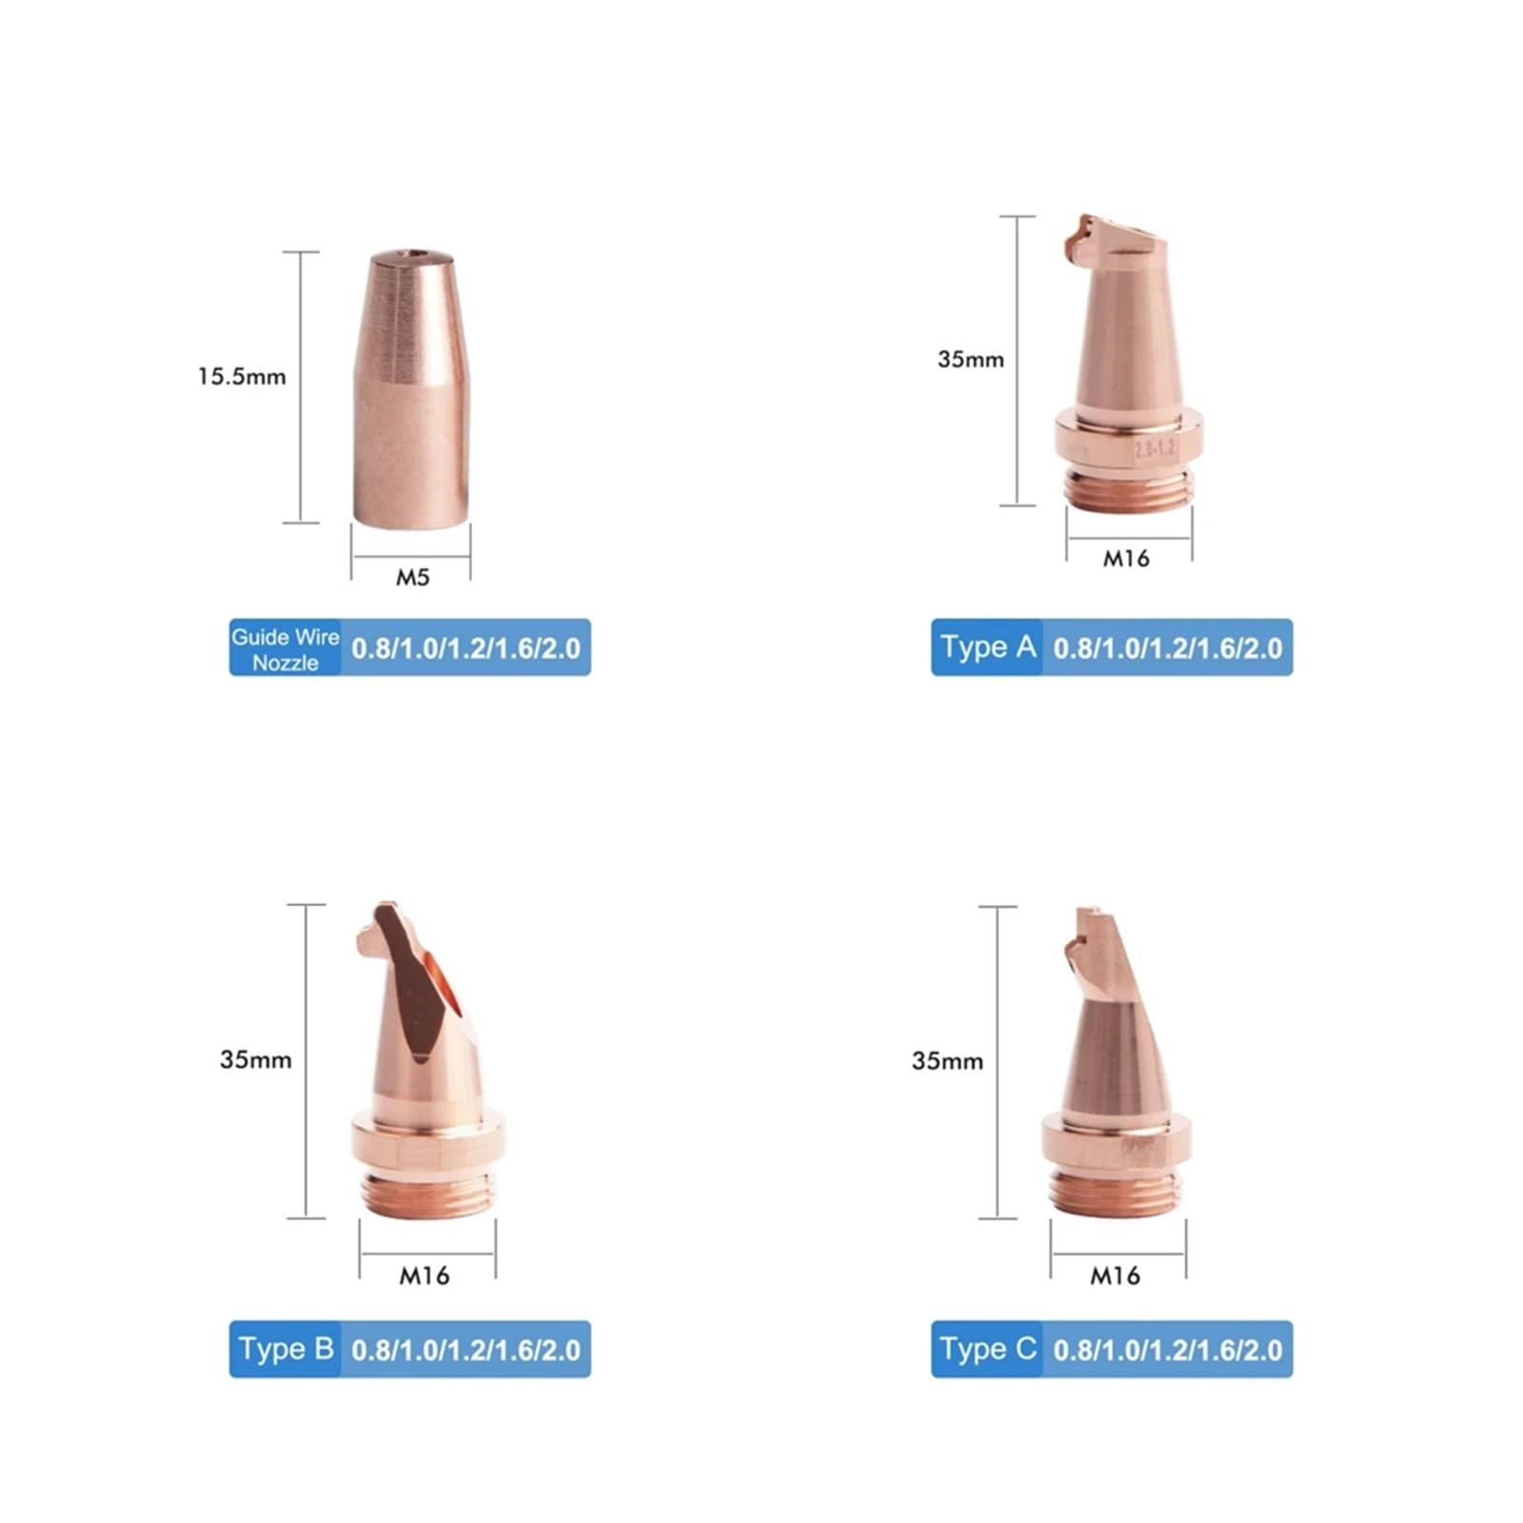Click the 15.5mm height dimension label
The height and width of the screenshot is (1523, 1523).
click(242, 377)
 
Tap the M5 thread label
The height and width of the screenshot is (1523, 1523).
click(413, 577)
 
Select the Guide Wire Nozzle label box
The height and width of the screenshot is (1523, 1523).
click(286, 648)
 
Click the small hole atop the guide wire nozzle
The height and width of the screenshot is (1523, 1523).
click(412, 255)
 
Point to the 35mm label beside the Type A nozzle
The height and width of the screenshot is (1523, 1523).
click(971, 360)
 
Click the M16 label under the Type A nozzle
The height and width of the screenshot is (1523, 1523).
click(1126, 559)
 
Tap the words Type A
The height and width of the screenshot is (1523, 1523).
click(988, 647)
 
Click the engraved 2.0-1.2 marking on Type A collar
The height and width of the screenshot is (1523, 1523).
click(1155, 448)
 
